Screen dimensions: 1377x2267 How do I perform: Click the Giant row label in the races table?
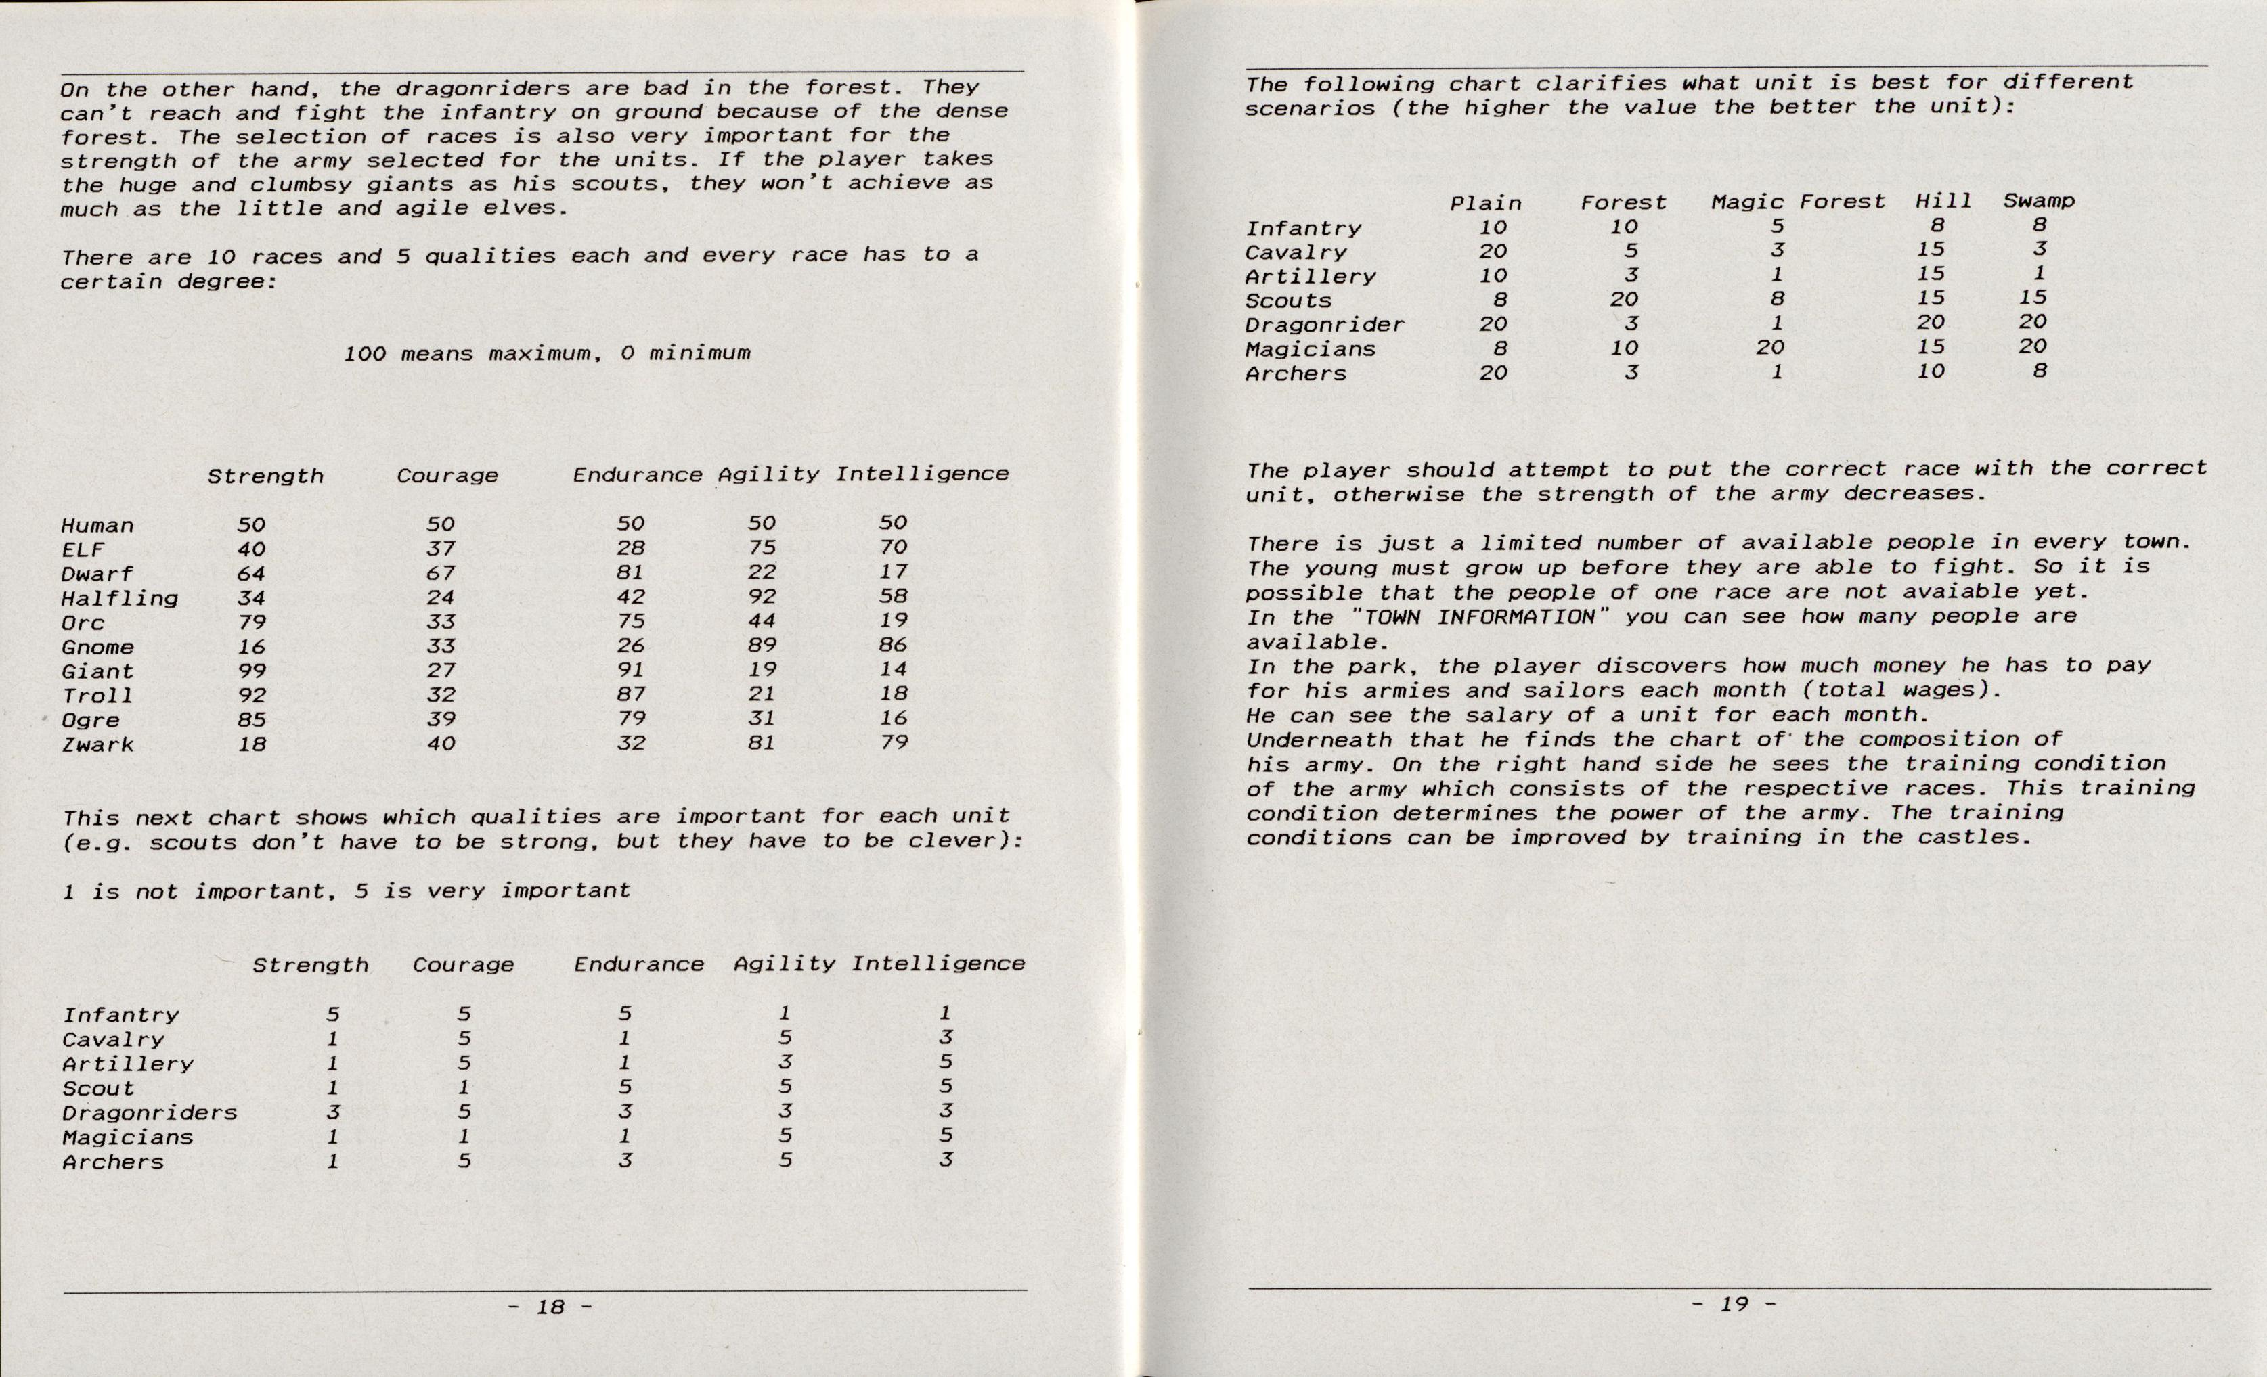pyautogui.click(x=97, y=671)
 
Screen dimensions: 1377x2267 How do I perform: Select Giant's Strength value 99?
pyautogui.click(x=251, y=671)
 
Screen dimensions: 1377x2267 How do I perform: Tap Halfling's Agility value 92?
pyautogui.click(x=762, y=596)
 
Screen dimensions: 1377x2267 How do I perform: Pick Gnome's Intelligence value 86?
pyautogui.click(x=892, y=645)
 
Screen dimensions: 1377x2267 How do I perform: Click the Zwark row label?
pyautogui.click(x=97, y=744)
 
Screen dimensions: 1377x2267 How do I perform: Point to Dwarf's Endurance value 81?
pyautogui.click(x=630, y=572)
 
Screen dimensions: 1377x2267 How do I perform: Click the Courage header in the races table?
pyautogui.click(x=447, y=476)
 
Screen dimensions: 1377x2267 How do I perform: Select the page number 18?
pyautogui.click(x=550, y=1306)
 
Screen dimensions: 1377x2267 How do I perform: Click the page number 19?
pyautogui.click(x=1734, y=1303)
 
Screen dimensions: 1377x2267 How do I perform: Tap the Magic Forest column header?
pyautogui.click(x=1798, y=202)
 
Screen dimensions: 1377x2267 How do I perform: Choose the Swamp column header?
pyautogui.click(x=2039, y=200)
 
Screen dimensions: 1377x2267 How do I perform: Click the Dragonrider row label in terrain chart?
pyautogui.click(x=1324, y=325)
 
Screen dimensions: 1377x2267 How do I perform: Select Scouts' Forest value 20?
pyautogui.click(x=1624, y=299)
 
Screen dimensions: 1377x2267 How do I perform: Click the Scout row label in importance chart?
pyautogui.click(x=97, y=1088)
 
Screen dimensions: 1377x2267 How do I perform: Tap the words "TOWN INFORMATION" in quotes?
pyautogui.click(x=1470, y=616)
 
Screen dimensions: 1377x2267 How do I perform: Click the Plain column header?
pyautogui.click(x=1485, y=203)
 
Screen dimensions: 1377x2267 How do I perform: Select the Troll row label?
pyautogui.click(x=97, y=696)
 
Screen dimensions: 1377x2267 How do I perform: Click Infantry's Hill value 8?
pyautogui.click(x=1937, y=225)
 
